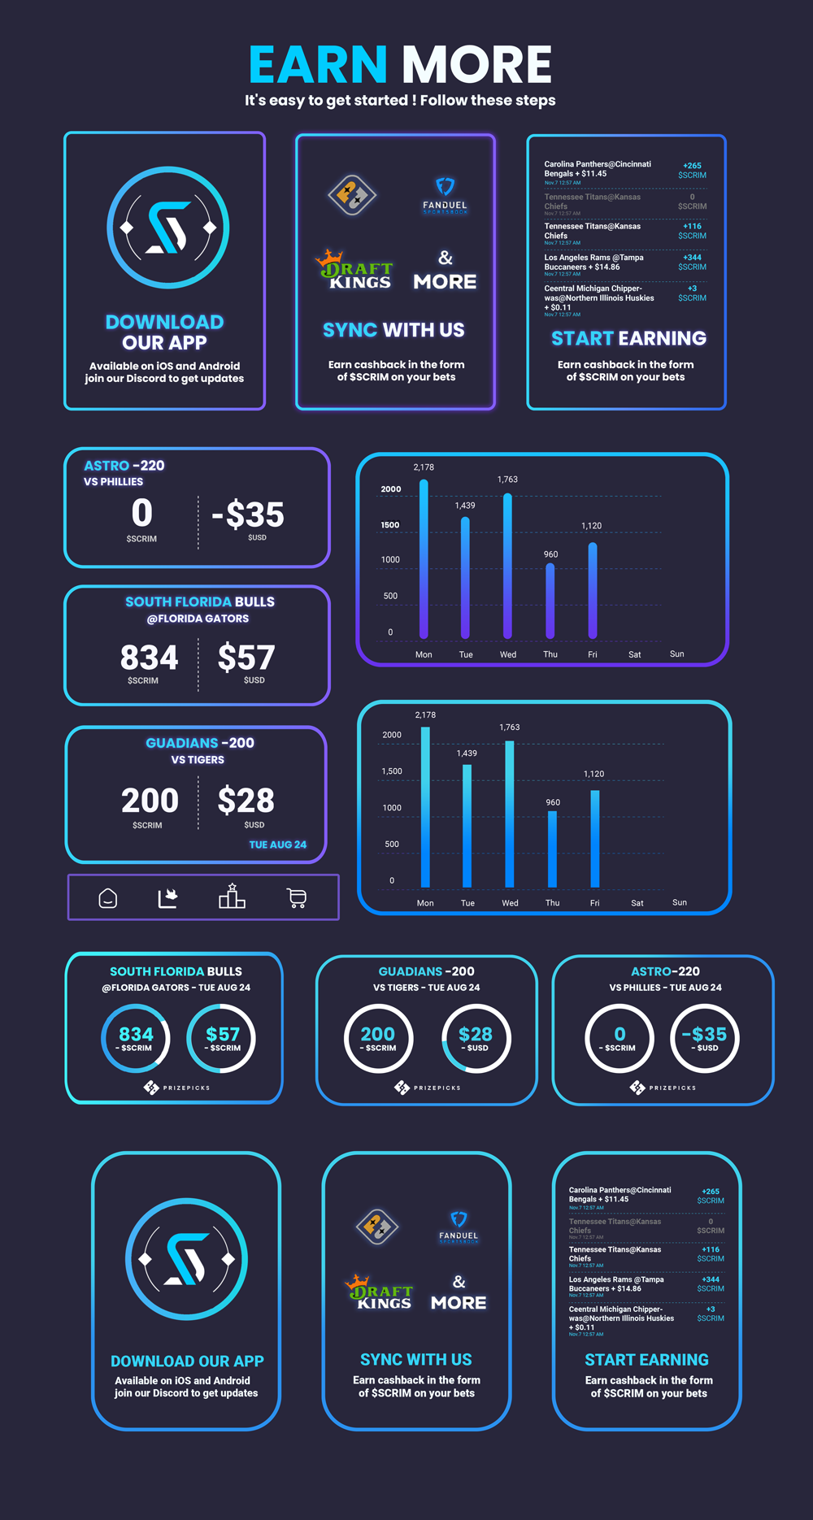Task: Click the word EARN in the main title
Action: [318, 65]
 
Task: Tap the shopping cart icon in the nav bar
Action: [297, 897]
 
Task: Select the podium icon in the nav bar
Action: [232, 897]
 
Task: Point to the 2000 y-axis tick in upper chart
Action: [391, 489]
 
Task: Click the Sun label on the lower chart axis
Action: [680, 902]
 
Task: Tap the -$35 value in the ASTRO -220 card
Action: [248, 515]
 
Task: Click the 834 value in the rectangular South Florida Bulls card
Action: [149, 658]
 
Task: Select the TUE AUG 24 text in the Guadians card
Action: [277, 845]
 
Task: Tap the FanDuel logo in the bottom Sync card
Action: [459, 1226]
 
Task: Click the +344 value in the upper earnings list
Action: [692, 257]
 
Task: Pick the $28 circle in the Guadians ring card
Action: [476, 1038]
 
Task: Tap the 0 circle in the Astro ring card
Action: [620, 1038]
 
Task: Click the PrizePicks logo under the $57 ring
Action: [176, 1088]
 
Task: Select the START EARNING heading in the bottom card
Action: [646, 1360]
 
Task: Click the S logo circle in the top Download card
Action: [168, 228]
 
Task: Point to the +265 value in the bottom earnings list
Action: [711, 1191]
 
